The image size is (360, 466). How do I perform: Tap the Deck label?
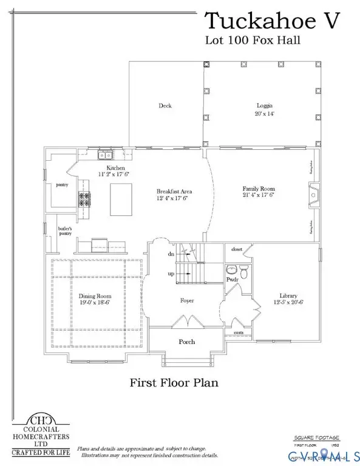(165, 106)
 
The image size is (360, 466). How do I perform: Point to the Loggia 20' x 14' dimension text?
(265, 113)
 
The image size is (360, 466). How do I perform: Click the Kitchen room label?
(115, 168)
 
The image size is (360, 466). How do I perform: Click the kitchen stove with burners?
(84, 199)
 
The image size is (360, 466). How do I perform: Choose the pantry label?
(61, 184)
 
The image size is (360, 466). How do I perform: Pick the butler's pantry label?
(65, 231)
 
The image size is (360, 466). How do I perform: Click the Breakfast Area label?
(174, 192)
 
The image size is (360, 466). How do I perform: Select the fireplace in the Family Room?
(314, 194)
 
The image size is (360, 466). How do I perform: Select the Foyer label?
(187, 300)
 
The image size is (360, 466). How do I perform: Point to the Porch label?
(187, 342)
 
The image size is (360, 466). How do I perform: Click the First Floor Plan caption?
(174, 383)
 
